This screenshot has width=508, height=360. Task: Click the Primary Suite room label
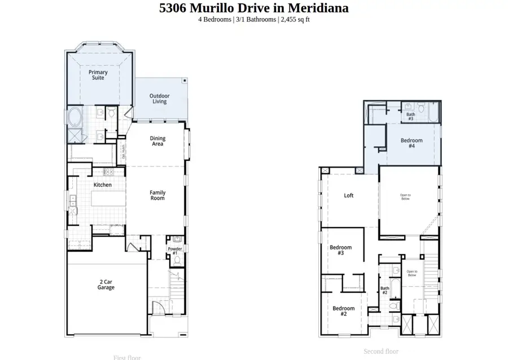click(x=98, y=76)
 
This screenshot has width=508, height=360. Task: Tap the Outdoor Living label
click(x=159, y=99)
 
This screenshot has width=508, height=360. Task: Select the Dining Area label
click(x=157, y=141)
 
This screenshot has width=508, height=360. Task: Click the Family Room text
click(x=157, y=195)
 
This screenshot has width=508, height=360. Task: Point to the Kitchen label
click(x=103, y=185)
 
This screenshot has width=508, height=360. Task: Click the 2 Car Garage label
click(x=106, y=284)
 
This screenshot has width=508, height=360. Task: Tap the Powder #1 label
click(x=175, y=251)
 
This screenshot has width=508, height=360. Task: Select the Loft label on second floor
click(x=349, y=196)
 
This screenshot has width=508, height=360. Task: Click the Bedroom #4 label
click(x=411, y=143)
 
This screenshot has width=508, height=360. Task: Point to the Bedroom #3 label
click(x=340, y=251)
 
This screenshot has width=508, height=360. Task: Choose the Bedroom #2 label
click(x=343, y=311)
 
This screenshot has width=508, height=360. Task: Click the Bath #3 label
click(x=410, y=117)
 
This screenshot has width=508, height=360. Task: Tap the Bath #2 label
click(x=384, y=291)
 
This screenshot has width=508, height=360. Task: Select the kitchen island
click(x=105, y=199)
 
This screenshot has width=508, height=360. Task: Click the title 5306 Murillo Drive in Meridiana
click(x=253, y=8)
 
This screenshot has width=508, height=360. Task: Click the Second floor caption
click(x=380, y=352)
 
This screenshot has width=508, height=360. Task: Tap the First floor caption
click(x=127, y=357)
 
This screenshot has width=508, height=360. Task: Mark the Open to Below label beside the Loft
click(x=405, y=197)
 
